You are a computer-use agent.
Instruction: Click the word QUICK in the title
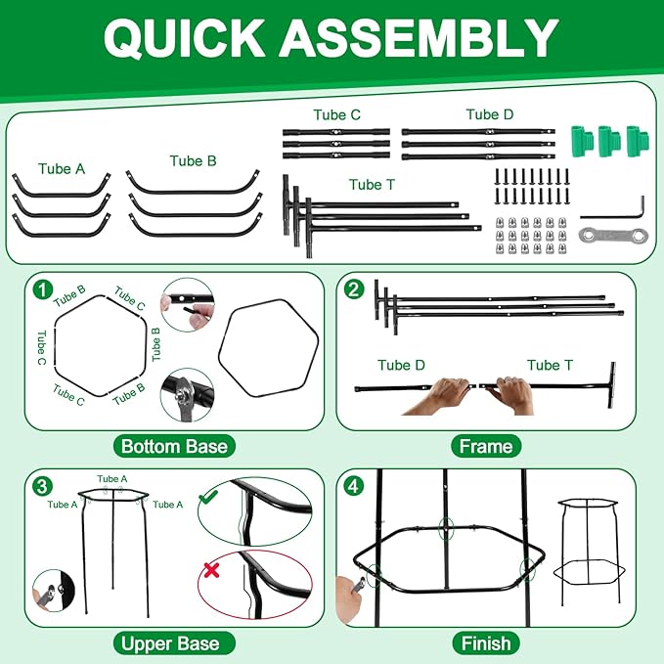pos(184,37)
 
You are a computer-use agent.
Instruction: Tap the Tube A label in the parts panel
pos(62,168)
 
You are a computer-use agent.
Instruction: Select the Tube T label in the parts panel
pos(372,185)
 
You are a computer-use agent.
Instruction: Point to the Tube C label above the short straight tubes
pos(337,114)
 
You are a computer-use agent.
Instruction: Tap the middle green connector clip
pos(609,141)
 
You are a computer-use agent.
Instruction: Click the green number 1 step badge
pos(43,290)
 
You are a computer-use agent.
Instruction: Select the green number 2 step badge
pos(354,290)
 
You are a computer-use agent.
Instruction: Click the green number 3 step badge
pos(43,486)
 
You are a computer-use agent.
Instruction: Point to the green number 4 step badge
pos(354,486)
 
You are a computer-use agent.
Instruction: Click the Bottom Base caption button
pos(174,446)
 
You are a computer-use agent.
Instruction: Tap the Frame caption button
pos(486,446)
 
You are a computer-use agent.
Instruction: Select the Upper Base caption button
pos(174,643)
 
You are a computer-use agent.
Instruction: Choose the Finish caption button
pos(486,643)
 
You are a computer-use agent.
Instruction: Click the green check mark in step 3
pos(208,497)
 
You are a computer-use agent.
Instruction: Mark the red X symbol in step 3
pos(211,570)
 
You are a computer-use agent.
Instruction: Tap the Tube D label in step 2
pos(401,365)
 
